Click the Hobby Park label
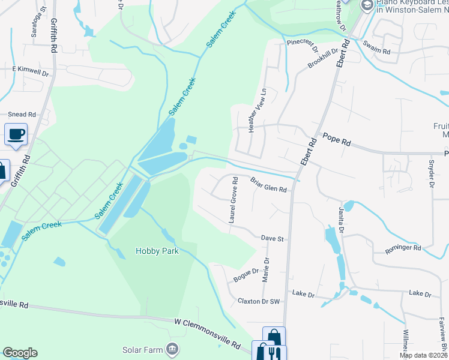(157, 251)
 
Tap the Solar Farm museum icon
(172, 349)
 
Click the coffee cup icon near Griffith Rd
(16, 134)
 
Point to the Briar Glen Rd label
(268, 185)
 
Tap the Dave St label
(272, 238)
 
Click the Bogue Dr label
(246, 275)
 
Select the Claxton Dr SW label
(259, 301)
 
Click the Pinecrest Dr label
(301, 43)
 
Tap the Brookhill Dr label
(324, 58)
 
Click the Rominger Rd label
(404, 247)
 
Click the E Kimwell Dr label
(31, 71)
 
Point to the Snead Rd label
(22, 114)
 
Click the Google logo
(20, 353)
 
